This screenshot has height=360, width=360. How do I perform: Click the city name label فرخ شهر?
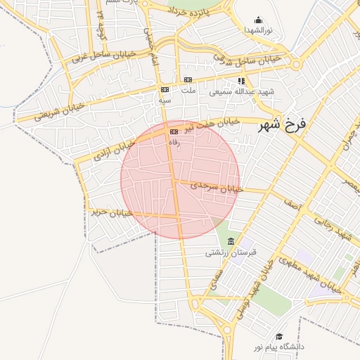click(283, 127)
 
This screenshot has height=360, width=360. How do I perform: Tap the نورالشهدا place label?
click(259, 30)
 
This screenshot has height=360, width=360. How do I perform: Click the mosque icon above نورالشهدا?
click(259, 20)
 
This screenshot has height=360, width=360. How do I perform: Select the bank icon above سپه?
click(165, 90)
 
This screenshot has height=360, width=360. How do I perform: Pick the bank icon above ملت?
click(188, 80)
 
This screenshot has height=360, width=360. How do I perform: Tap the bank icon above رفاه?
click(174, 131)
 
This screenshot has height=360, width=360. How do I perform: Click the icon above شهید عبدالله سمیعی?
click(241, 81)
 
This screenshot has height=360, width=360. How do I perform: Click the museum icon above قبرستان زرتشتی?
click(231, 242)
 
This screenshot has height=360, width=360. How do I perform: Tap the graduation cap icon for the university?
click(279, 337)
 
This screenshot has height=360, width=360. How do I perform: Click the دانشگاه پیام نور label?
click(281, 347)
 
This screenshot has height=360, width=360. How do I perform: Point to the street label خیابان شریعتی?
click(53, 110)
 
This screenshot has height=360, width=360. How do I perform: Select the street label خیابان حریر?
click(111, 210)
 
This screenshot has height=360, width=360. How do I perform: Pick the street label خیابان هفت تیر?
click(212, 125)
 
